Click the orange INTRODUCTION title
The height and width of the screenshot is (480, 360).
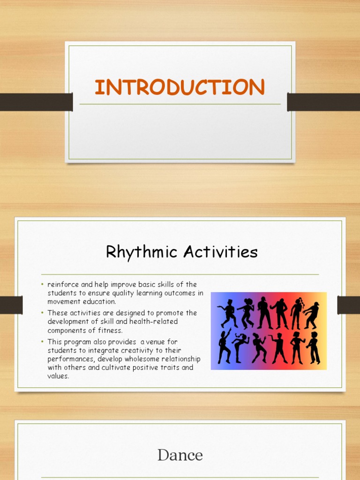pyautogui.click(x=180, y=88)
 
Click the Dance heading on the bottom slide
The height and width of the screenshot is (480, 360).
pyautogui.click(x=180, y=455)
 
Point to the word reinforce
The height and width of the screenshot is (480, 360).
pyautogui.click(x=62, y=285)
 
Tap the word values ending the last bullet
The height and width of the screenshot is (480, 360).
pyautogui.click(x=58, y=376)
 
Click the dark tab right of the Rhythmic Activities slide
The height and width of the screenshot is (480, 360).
pyautogui.click(x=348, y=305)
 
